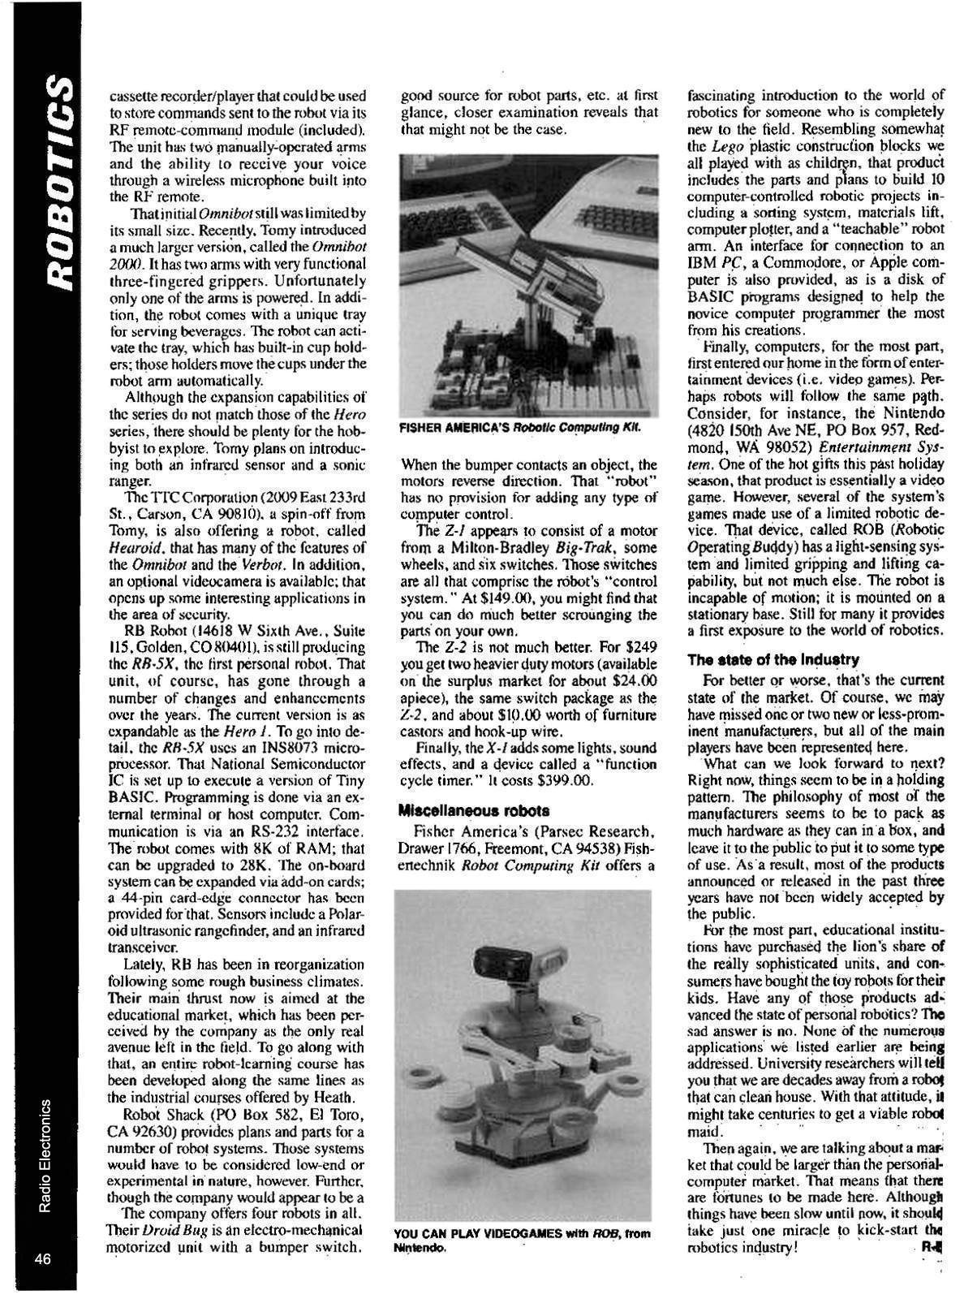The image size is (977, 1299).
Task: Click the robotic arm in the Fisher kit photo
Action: pyautogui.click(x=568, y=268)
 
